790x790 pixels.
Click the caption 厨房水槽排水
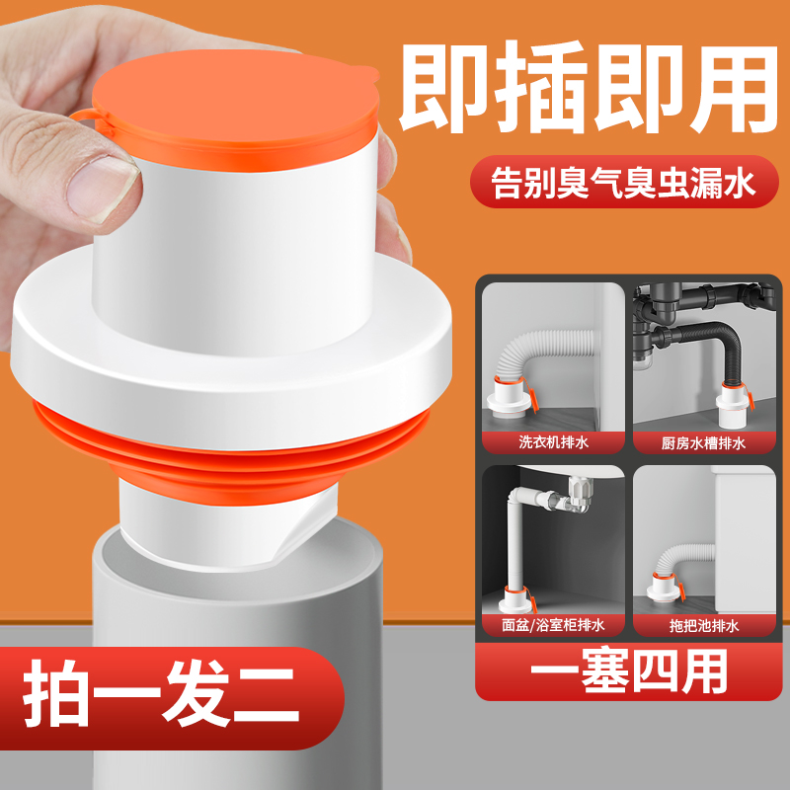pyautogui.click(x=702, y=442)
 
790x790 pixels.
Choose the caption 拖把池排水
pyautogui.click(x=702, y=624)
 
